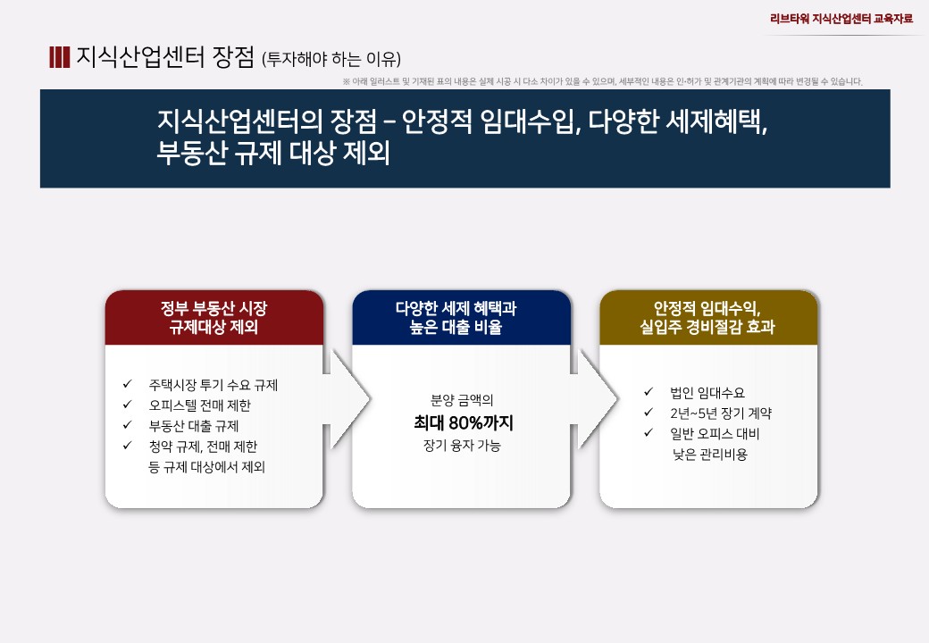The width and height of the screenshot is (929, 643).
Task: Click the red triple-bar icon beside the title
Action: tap(59, 57)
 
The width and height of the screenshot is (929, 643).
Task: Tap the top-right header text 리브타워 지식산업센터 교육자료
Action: tap(841, 19)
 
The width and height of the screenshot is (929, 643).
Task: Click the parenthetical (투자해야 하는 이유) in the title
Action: tap(331, 59)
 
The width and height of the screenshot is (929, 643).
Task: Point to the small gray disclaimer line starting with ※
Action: tap(603, 81)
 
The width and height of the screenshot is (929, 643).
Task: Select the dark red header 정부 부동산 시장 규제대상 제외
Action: tap(213, 317)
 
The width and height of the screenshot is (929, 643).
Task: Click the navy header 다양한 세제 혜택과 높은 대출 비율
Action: tap(456, 317)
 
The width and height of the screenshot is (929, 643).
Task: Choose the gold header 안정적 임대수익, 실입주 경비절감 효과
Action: tap(707, 317)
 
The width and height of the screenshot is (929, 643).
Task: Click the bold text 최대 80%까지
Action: tap(464, 422)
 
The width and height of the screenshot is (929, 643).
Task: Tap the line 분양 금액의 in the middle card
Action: tap(462, 400)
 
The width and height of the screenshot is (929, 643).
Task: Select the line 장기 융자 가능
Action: tap(462, 446)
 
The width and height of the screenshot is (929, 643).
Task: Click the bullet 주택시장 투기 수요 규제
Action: tap(213, 385)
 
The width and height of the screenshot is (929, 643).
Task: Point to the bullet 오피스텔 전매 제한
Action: tap(200, 405)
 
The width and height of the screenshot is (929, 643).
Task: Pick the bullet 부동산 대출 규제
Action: tap(194, 426)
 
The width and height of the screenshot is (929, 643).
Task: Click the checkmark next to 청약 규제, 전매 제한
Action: tap(127, 446)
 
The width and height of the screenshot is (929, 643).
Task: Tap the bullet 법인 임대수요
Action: tap(707, 393)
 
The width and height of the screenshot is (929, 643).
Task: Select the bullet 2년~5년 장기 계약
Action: tap(721, 413)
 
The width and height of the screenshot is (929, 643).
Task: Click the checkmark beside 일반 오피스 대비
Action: tap(649, 433)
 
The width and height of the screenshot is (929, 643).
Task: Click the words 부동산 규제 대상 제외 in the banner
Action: tap(273, 153)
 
